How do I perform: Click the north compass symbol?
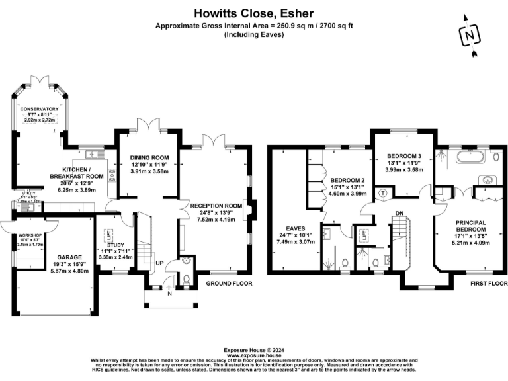pos(470,34)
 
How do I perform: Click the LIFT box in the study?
pos(110,234)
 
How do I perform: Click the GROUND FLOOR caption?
pos(227,283)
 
